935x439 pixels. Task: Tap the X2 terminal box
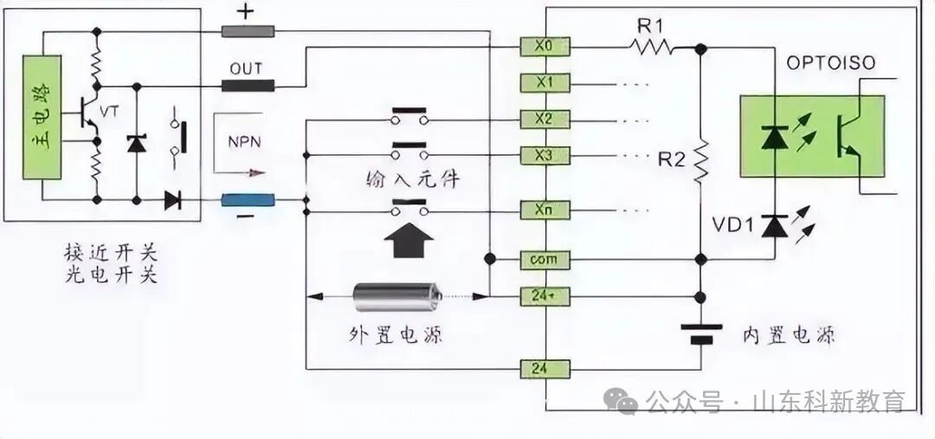pos(545,119)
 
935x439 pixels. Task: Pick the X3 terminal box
pos(545,156)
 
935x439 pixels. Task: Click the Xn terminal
pos(545,210)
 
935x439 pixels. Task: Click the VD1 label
pos(731,227)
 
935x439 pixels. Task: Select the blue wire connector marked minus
pos(248,201)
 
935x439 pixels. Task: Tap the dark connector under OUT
pos(248,85)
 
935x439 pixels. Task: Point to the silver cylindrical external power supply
pos(397,297)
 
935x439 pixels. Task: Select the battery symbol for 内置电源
pos(701,333)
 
